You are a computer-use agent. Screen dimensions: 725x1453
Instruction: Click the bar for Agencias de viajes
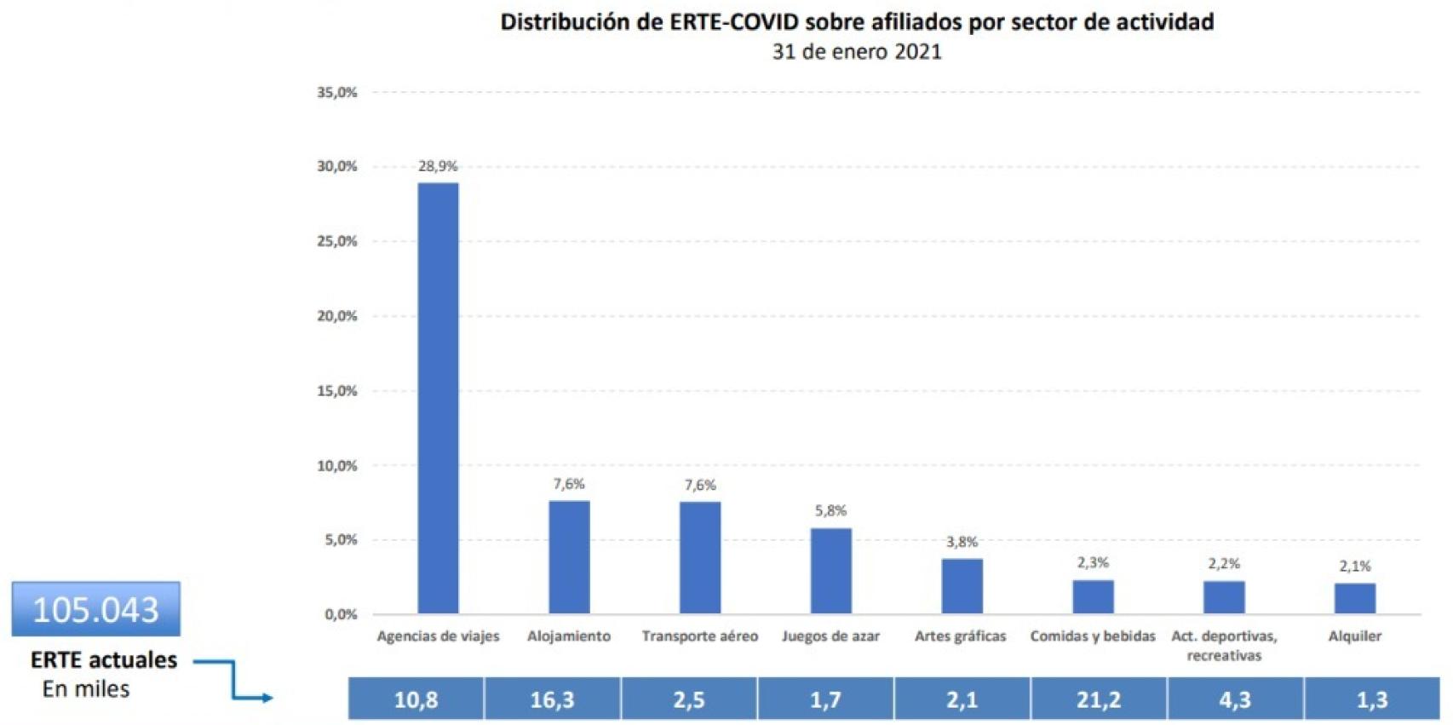[438, 398]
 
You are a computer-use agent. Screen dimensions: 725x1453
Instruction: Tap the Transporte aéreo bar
[700, 557]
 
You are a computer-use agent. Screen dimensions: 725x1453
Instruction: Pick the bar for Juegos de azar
[830, 570]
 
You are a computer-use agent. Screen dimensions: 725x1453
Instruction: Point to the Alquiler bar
[1354, 598]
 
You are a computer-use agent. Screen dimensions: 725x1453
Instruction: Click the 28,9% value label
[438, 166]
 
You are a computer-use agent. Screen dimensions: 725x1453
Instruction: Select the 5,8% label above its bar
[830, 510]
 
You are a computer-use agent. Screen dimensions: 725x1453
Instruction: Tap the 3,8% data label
[962, 542]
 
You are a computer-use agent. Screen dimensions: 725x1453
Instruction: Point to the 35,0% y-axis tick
[337, 92]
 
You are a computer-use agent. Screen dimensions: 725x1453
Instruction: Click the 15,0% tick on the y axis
[337, 391]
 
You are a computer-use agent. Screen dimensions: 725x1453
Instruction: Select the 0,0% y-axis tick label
[340, 614]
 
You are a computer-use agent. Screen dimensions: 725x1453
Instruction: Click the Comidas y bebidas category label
[1093, 636]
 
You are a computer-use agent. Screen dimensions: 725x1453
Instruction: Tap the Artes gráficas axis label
[960, 636]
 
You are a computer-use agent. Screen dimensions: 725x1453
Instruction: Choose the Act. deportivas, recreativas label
[1224, 646]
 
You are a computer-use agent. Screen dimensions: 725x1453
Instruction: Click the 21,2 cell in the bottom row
[1098, 699]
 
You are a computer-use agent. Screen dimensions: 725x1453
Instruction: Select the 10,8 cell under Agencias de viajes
[416, 699]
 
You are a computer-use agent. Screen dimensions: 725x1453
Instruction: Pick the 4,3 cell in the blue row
[1234, 699]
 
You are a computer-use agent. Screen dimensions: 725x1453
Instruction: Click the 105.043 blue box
[96, 609]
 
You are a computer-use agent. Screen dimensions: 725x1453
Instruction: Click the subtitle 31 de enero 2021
[856, 51]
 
